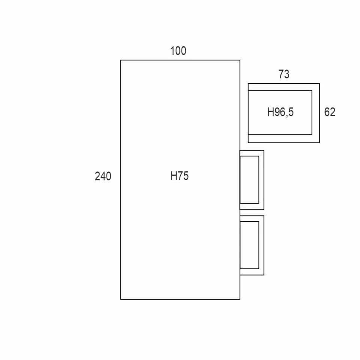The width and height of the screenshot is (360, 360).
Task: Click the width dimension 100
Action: pyautogui.click(x=178, y=51)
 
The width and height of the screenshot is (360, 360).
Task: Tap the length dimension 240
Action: pyautogui.click(x=103, y=176)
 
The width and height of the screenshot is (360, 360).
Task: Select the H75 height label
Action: pyautogui.click(x=180, y=176)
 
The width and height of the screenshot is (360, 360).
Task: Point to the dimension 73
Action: pyautogui.click(x=284, y=75)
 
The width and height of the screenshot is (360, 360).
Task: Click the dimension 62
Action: pyautogui.click(x=330, y=112)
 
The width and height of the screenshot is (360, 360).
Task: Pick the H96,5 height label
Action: pyautogui.click(x=280, y=112)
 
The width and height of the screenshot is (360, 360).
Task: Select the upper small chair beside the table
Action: pyautogui.click(x=252, y=180)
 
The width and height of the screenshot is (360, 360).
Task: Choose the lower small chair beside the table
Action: pyautogui.click(x=252, y=245)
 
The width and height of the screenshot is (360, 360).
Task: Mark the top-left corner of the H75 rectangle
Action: pyautogui.click(x=121, y=60)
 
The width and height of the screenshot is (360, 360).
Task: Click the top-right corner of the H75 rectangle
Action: pyautogui.click(x=240, y=60)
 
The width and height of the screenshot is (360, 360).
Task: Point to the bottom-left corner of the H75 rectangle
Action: pyautogui.click(x=121, y=299)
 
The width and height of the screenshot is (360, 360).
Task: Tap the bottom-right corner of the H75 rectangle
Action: pyautogui.click(x=240, y=299)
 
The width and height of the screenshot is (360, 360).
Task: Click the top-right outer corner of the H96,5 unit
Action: pyautogui.click(x=319, y=84)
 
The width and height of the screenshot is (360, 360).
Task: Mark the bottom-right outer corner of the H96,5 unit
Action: pyautogui.click(x=319, y=142)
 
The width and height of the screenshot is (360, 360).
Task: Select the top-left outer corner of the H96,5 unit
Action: pyautogui.click(x=248, y=84)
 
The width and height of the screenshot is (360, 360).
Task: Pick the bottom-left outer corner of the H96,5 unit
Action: pyautogui.click(x=248, y=142)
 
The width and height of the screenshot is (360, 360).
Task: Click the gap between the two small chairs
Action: pyautogui.click(x=252, y=213)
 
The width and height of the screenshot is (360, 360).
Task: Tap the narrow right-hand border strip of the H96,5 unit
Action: pyautogui.click(x=316, y=112)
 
